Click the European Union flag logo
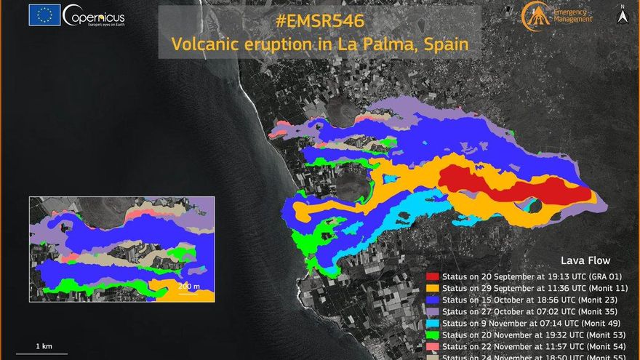[x=44, y=15]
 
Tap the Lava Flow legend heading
[x=585, y=260]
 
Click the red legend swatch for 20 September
[x=433, y=276]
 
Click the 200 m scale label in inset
[x=189, y=286]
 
